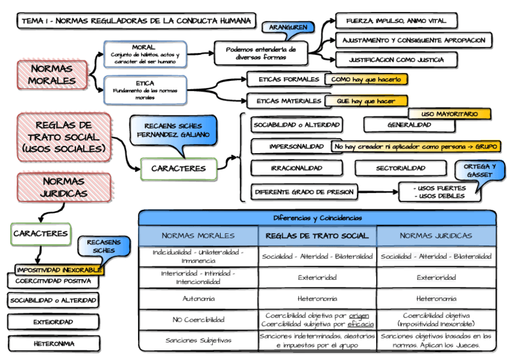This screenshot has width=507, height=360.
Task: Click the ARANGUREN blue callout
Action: click(285, 28)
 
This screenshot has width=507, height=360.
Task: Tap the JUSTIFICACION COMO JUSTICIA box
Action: click(396, 60)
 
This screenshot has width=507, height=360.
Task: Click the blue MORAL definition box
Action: click(145, 54)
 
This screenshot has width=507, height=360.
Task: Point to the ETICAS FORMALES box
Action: click(285, 79)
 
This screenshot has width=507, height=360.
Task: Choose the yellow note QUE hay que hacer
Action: click(366, 101)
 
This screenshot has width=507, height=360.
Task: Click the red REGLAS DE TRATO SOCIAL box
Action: click(63, 137)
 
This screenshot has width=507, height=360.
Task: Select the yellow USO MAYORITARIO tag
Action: click(449, 114)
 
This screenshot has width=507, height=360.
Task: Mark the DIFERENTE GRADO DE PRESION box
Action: click(304, 193)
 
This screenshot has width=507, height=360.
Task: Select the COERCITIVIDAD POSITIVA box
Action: click(53, 280)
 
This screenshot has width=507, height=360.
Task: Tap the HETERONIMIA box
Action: click(53, 344)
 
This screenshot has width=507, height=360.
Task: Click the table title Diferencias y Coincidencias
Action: click(317, 218)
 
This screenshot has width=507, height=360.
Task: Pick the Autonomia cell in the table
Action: click(198, 298)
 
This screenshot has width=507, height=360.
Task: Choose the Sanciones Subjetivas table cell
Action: click(198, 340)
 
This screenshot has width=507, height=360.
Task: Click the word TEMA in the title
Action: click(32, 21)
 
